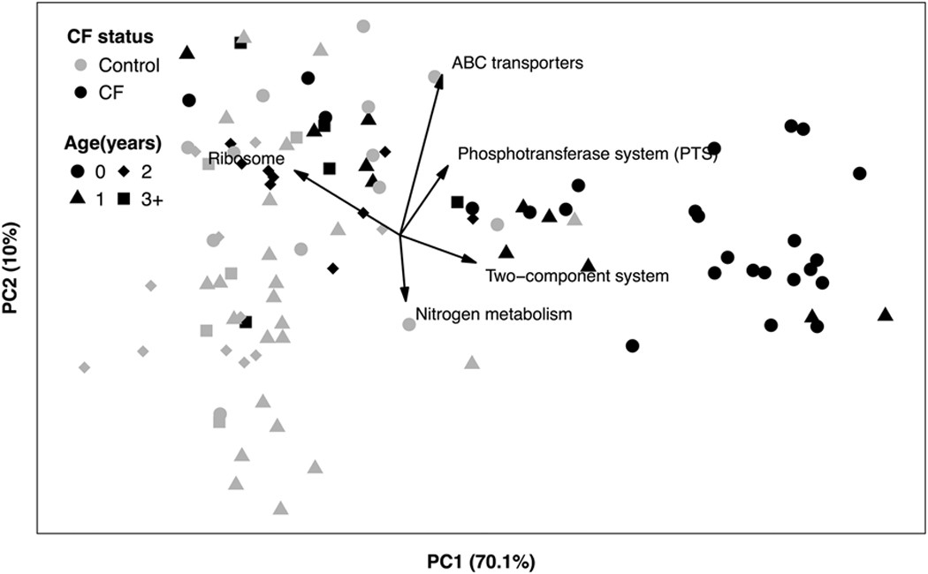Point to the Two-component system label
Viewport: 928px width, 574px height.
[x=576, y=276]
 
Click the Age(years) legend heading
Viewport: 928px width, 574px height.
[x=111, y=142]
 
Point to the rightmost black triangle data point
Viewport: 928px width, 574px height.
[x=885, y=314]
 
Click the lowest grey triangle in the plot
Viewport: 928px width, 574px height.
[x=280, y=508]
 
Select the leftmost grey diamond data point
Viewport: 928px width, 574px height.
[x=85, y=366]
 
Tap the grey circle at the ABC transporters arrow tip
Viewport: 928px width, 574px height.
[x=435, y=78]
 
